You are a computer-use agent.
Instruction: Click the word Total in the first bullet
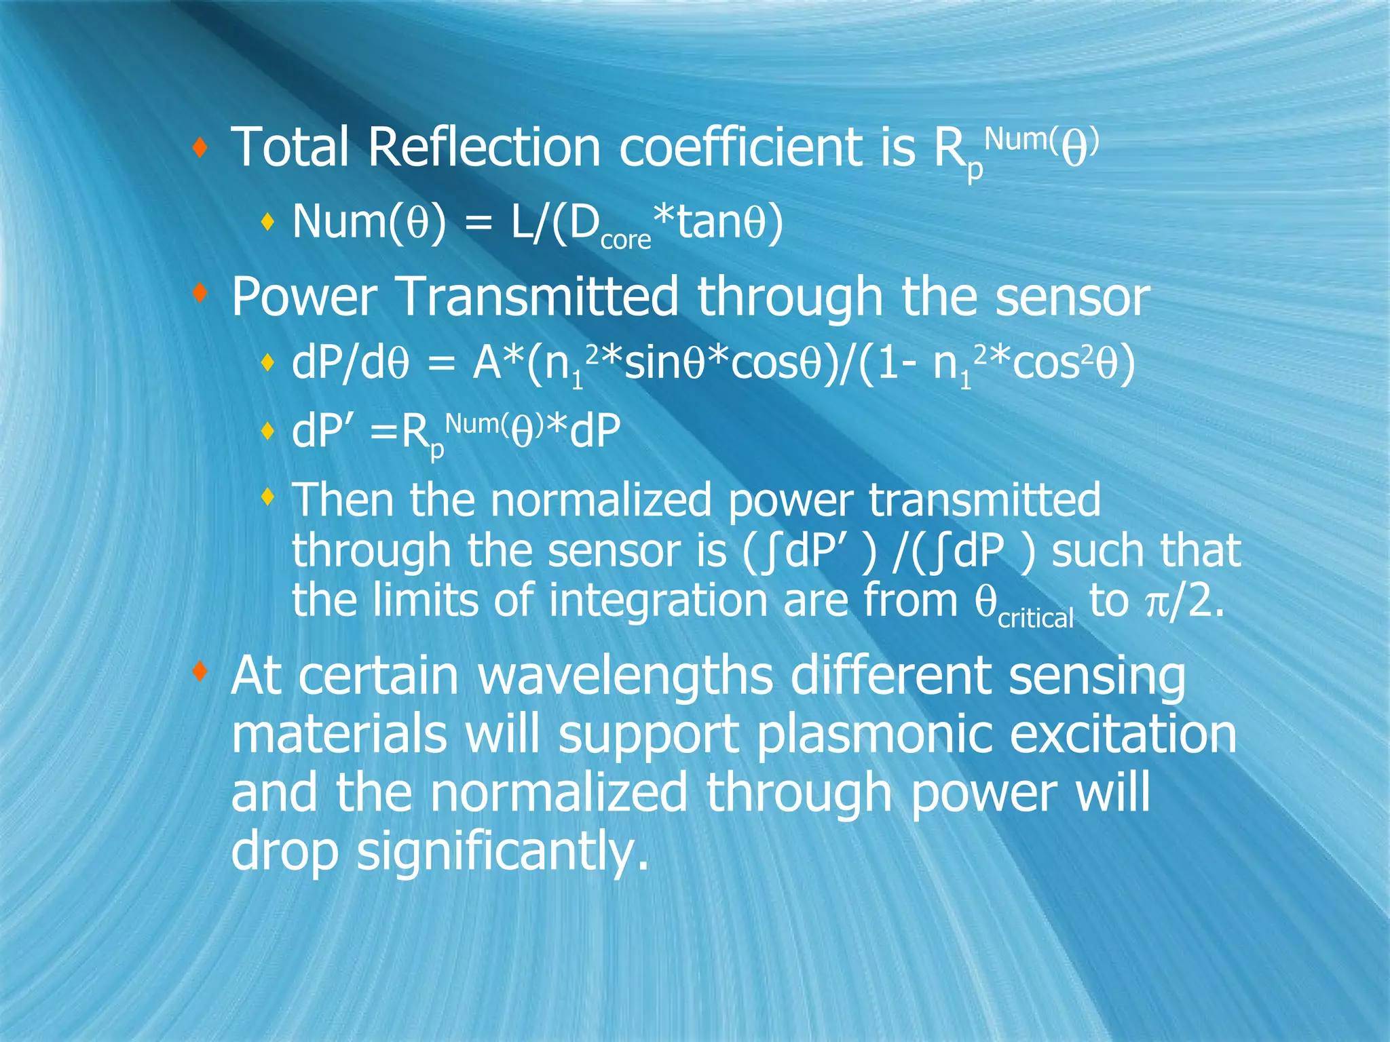tap(290, 147)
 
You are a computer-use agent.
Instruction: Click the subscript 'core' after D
tap(625, 240)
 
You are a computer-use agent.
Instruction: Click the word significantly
tap(502, 852)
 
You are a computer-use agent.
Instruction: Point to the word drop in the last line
tap(284, 852)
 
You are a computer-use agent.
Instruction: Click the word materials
tap(339, 735)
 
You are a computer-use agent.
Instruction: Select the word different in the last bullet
tap(890, 676)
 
